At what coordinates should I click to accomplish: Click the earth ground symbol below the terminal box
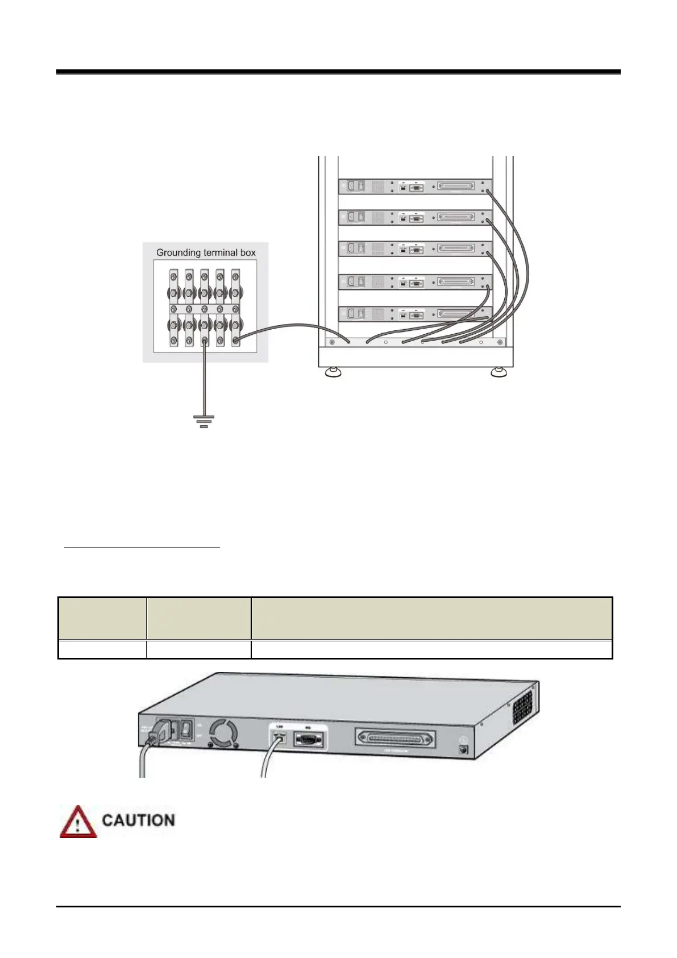[x=203, y=421]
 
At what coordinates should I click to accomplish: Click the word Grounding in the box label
[x=178, y=252]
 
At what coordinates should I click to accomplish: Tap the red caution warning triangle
[x=78, y=822]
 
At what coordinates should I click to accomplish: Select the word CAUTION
[x=138, y=820]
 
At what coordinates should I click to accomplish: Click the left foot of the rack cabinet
[x=333, y=373]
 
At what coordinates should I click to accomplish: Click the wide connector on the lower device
[x=396, y=740]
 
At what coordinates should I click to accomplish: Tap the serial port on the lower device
[x=309, y=740]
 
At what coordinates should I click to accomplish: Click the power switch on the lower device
[x=185, y=728]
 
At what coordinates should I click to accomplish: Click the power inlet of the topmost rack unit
[x=350, y=186]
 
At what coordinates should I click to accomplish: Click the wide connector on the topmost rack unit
[x=456, y=186]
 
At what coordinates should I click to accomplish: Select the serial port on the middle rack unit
[x=416, y=249]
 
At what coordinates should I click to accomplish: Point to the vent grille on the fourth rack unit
[x=378, y=281]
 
